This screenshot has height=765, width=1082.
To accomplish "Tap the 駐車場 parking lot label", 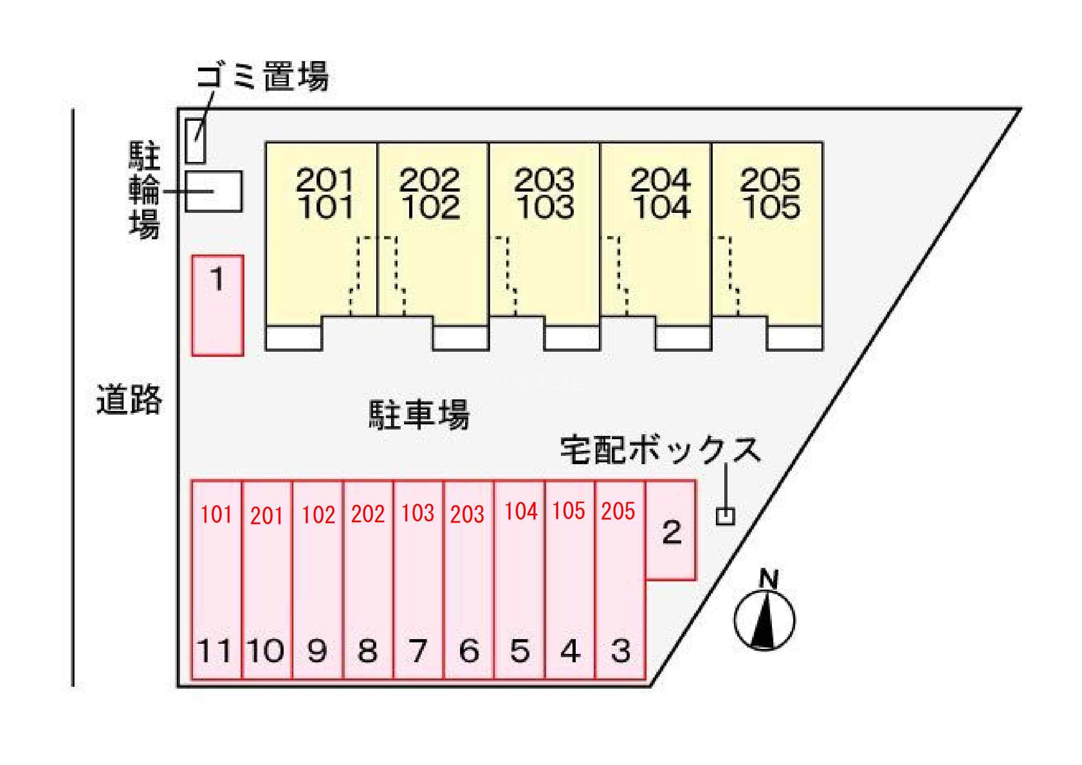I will click(x=418, y=414).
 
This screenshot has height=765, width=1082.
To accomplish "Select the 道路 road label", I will click(x=129, y=399).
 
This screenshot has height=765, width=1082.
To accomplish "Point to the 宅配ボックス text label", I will click(x=660, y=450).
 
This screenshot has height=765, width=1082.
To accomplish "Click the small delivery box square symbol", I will click(x=725, y=516).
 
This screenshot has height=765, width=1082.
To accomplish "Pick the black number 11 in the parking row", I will click(x=215, y=651).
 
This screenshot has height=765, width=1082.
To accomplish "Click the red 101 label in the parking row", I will click(x=216, y=515).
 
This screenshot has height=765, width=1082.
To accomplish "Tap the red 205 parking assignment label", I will click(x=618, y=511).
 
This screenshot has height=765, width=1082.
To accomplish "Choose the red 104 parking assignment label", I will click(x=521, y=511).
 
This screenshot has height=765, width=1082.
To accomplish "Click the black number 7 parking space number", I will click(x=417, y=651).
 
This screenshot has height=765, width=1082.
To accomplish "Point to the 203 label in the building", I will click(x=544, y=180).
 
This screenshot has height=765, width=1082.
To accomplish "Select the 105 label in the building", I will click(x=771, y=207).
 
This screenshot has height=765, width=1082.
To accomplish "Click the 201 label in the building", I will click(x=325, y=180).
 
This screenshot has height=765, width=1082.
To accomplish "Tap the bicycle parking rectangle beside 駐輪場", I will click(x=213, y=192).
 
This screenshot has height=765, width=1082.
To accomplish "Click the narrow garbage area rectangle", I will click(x=195, y=141).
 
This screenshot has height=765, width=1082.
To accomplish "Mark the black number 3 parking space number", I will click(x=620, y=651).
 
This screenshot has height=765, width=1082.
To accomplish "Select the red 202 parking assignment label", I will click(x=367, y=514).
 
